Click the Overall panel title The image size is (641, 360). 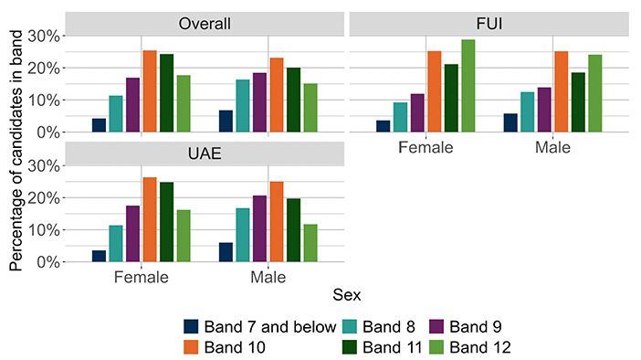coord(205,24)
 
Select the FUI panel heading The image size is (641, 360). coord(489,24)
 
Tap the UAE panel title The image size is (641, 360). coord(205,154)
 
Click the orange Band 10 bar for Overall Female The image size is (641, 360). coord(150,91)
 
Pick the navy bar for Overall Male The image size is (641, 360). coord(226,122)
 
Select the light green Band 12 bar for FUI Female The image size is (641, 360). coord(468,86)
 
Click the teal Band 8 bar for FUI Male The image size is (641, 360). coord(528,112)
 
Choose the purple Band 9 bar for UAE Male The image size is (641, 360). coord(259,228)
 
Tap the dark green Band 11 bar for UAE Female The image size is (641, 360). coord(166,222)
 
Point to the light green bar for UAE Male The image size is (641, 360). coord(310,243)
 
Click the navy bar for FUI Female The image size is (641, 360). coord(383,126)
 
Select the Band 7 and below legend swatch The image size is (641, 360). coord(191,326)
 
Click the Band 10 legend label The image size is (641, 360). coord(235,347)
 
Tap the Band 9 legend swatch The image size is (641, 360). coord(437,326)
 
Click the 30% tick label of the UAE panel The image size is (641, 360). coord(44,166)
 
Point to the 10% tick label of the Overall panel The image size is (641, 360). coord(44,101)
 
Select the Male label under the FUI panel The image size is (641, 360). coord(552,147)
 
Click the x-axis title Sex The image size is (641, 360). coord(347,295)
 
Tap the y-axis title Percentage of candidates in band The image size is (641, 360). coord(16,151)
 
